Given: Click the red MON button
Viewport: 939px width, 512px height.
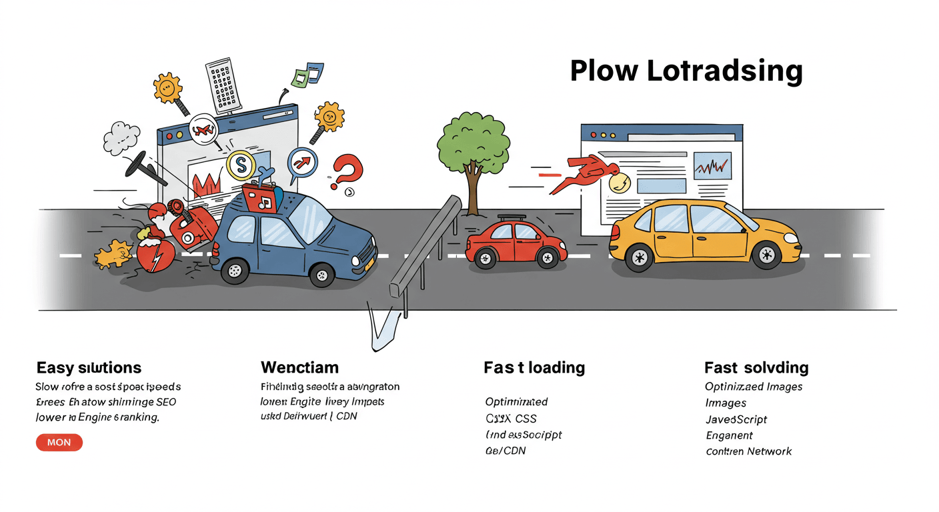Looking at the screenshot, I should pos(59,443).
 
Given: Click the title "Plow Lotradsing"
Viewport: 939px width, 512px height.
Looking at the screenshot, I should pos(686,71).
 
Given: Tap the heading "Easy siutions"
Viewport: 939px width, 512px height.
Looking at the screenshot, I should pos(89,367).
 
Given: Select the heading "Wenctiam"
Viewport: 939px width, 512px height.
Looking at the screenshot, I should pos(299,367).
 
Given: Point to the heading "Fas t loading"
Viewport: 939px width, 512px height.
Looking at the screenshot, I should pos(534,367).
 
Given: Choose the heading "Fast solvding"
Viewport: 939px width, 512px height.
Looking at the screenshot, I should pos(756,367).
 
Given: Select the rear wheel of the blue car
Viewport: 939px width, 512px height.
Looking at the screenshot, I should pos(234,270).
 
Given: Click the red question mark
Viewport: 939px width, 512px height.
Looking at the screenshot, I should pos(348,171).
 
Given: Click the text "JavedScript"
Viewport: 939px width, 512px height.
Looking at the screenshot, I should pos(736,419).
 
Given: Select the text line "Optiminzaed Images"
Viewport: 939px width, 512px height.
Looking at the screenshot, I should pos(754,387).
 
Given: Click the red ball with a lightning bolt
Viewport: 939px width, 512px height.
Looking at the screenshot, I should pos(155,256).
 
